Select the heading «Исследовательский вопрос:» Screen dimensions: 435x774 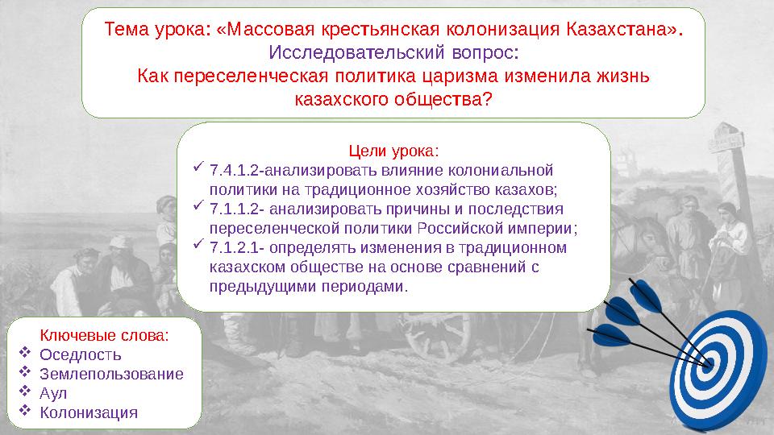(x=393, y=53)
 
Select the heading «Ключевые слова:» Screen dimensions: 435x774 (x=105, y=335)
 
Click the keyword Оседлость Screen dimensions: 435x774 (x=81, y=354)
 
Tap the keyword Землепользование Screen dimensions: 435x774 (x=111, y=374)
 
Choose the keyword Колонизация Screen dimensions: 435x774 (x=89, y=412)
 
